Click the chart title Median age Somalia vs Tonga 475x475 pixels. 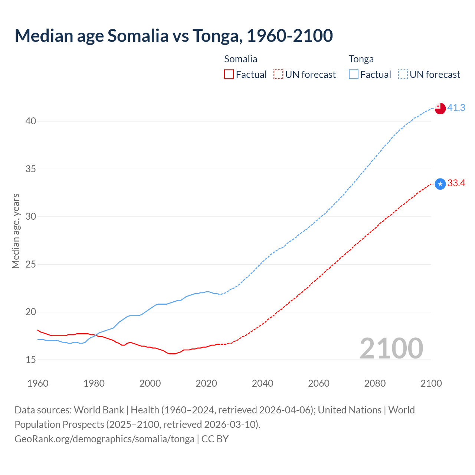[x=174, y=36]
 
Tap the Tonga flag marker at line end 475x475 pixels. [x=440, y=108]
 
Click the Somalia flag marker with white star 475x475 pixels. [x=440, y=184]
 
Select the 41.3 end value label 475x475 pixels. [x=456, y=108]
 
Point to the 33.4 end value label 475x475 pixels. [x=456, y=183]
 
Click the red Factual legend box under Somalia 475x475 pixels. [x=229, y=75]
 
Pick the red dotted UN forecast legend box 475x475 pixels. [x=278, y=75]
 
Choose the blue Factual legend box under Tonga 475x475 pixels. [x=353, y=75]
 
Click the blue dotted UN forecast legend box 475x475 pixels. [x=403, y=75]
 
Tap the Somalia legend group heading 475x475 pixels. [x=240, y=59]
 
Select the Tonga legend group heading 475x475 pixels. [x=361, y=59]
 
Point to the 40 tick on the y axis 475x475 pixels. [x=31, y=121]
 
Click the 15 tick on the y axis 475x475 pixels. [x=31, y=360]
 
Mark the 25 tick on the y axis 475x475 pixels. [x=31, y=265]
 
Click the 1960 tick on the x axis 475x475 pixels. [x=38, y=383]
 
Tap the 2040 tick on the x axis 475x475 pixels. [x=262, y=383]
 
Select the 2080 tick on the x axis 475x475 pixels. [x=375, y=383]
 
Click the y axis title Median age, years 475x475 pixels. [x=16, y=231]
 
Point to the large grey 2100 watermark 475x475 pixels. [x=391, y=348]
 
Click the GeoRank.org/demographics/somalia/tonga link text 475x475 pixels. [x=104, y=439]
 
